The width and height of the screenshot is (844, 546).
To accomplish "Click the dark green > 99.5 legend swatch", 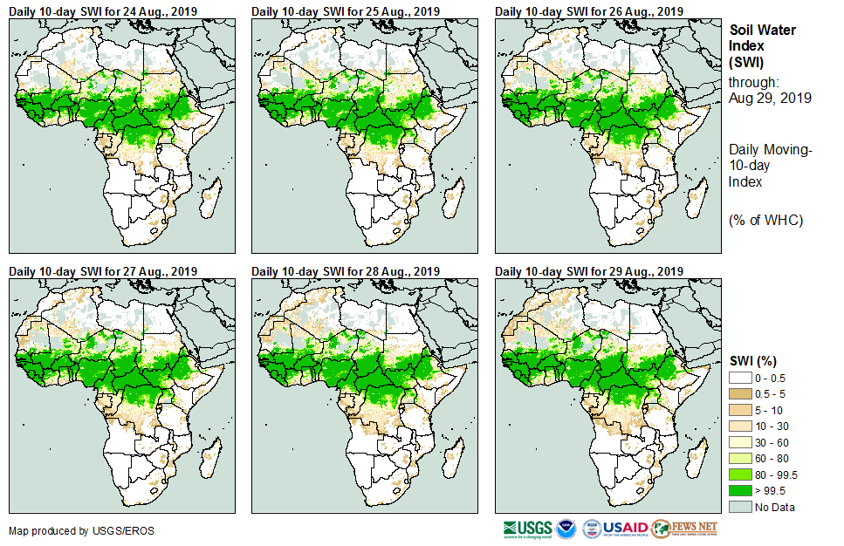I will (x=739, y=491).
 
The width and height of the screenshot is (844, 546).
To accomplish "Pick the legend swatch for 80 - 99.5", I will (x=739, y=474).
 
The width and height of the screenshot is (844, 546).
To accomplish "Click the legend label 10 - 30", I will (x=772, y=426).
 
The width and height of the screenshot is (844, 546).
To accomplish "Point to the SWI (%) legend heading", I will (x=753, y=360).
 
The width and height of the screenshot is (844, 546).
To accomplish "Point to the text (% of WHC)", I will (x=766, y=220).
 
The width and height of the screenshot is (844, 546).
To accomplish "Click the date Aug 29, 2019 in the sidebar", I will (x=770, y=99).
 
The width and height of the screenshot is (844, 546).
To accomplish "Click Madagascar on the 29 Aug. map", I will (x=695, y=461).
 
